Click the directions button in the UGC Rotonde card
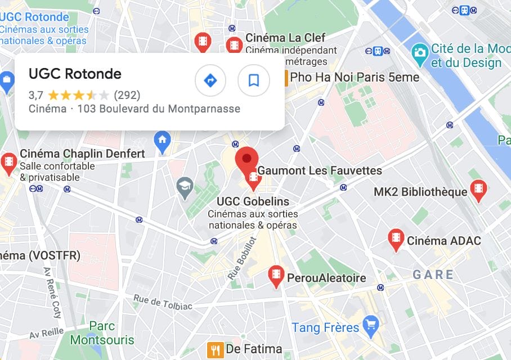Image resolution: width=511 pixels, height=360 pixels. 210,81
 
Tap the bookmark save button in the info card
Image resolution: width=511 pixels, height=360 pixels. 254,81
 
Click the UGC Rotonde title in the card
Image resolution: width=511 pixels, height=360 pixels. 75,74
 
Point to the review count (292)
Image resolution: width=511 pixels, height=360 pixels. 127,95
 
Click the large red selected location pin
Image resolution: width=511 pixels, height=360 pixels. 246,159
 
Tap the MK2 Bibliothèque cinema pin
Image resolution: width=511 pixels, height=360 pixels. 478,190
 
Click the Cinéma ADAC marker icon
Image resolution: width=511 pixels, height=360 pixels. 396,239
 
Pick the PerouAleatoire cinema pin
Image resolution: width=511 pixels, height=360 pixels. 276,276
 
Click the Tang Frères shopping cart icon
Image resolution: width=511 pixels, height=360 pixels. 370,325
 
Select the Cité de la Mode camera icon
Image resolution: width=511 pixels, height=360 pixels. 419,53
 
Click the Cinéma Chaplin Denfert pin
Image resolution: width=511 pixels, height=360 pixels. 9,163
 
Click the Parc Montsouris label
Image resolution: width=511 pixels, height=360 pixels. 102,333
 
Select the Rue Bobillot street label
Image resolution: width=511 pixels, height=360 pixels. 243,259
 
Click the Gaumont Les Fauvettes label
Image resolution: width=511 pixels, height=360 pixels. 320,170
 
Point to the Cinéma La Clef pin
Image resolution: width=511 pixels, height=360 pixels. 234,45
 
